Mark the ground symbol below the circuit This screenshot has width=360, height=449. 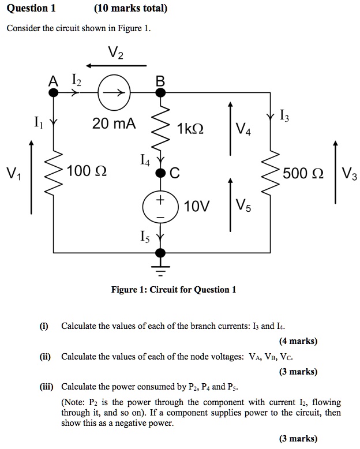point(161,268)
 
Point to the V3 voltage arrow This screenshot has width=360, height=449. point(335,171)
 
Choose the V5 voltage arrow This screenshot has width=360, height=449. point(230,204)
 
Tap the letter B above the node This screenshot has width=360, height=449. point(160,81)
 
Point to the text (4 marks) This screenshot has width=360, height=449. point(298,341)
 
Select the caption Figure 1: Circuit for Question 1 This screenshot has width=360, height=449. point(173,289)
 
